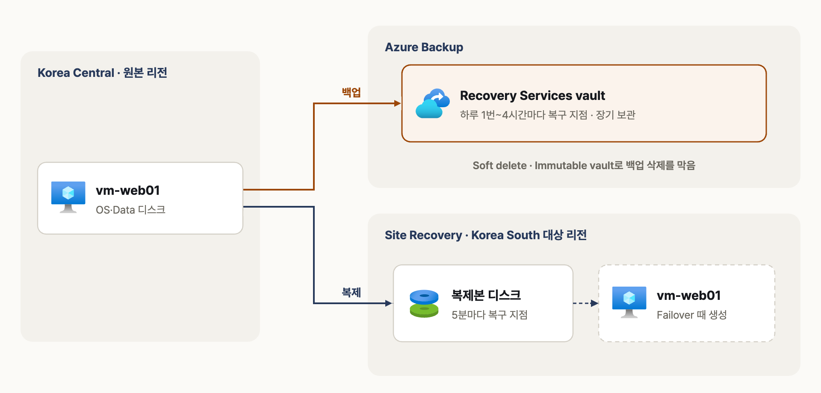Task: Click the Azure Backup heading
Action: pyautogui.click(x=424, y=47)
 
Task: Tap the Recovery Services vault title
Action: pyautogui.click(x=532, y=96)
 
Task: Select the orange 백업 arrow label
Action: pyautogui.click(x=351, y=92)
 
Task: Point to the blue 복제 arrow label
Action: pyautogui.click(x=351, y=293)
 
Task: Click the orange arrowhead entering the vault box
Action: pyautogui.click(x=398, y=103)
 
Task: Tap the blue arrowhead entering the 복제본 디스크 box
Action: pyautogui.click(x=389, y=303)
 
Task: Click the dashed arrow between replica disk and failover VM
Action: pyautogui.click(x=586, y=303)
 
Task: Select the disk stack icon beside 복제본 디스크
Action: pyautogui.click(x=424, y=304)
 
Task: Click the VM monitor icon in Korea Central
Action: pyautogui.click(x=68, y=197)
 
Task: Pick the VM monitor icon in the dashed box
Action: pyautogui.click(x=629, y=302)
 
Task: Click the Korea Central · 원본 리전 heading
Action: pyautogui.click(x=102, y=73)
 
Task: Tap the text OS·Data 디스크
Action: pyautogui.click(x=130, y=210)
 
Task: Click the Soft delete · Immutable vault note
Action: pyautogui.click(x=584, y=165)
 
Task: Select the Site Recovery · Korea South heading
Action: pyautogui.click(x=486, y=235)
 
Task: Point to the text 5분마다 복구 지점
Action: pyautogui.click(x=490, y=315)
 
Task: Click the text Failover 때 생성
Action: pyautogui.click(x=692, y=315)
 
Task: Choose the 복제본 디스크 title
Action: pyautogui.click(x=486, y=295)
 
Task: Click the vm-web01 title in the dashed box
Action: pyautogui.click(x=689, y=295)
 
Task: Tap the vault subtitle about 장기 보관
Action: pyautogui.click(x=548, y=115)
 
